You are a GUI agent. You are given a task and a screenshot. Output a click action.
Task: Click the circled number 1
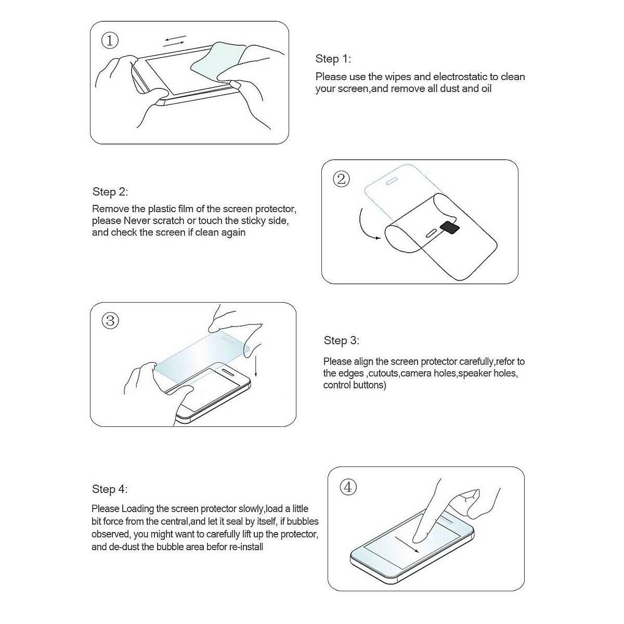click(110, 41)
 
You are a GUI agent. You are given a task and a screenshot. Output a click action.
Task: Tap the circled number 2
click(341, 179)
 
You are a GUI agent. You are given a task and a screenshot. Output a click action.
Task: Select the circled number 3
click(110, 320)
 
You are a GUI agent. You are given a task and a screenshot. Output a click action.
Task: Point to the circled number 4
click(348, 487)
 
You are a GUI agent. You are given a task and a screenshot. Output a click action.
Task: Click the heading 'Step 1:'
click(333, 59)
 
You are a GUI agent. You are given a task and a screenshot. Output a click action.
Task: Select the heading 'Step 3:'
click(341, 341)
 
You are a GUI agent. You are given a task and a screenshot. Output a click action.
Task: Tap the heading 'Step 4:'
click(110, 489)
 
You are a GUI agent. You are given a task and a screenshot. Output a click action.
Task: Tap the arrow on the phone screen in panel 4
click(408, 546)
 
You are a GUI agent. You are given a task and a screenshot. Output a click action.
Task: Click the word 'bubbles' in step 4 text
click(302, 522)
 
